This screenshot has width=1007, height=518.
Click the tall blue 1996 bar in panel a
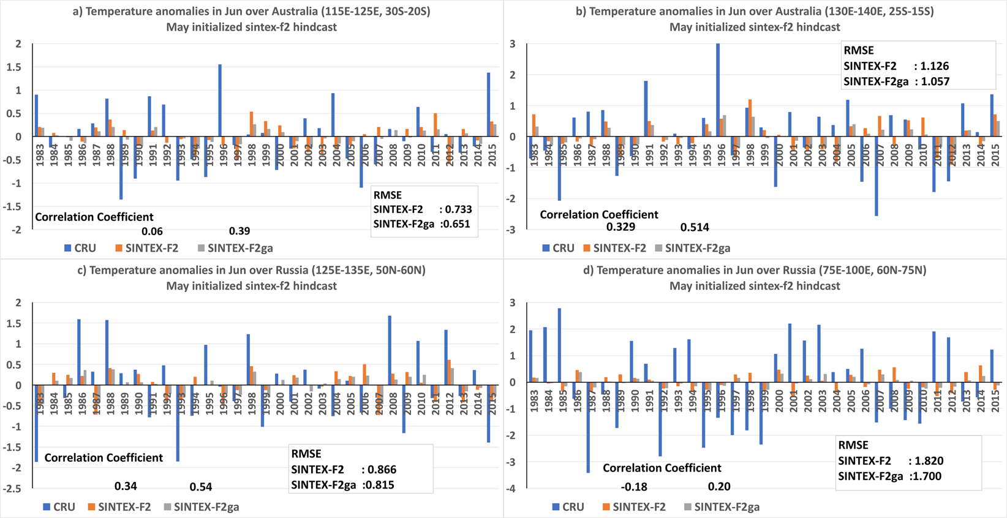point(220,100)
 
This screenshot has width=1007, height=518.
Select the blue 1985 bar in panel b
point(559,168)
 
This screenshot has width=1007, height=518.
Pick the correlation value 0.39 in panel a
point(239,231)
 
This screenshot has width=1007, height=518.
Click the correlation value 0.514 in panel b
point(695,227)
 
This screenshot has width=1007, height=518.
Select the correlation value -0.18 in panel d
point(634,487)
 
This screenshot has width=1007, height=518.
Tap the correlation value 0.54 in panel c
point(201,487)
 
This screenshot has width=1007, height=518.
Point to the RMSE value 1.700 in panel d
point(927,476)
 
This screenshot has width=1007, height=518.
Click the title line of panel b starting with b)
point(755,11)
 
